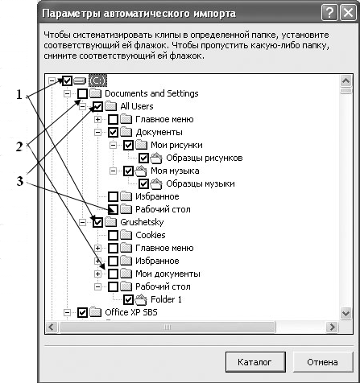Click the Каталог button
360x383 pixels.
point(255,362)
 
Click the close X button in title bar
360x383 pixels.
point(348,13)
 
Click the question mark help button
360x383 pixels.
point(329,13)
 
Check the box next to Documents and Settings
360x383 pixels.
point(82,93)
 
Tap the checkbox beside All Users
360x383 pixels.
point(97,106)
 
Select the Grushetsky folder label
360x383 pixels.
point(142,222)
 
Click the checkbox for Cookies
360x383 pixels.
point(113,235)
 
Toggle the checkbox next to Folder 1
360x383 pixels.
point(129,299)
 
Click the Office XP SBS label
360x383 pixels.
point(131,312)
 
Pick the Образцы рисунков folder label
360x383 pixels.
point(205,158)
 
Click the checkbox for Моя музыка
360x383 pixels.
point(129,171)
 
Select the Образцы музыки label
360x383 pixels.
point(201,183)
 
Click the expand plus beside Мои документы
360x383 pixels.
point(97,274)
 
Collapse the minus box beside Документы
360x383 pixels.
point(97,132)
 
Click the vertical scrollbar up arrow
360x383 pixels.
point(346,80)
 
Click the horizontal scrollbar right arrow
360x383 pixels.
point(333,327)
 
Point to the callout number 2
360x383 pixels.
point(19,146)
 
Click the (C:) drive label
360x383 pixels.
point(97,80)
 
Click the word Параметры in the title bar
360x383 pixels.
point(72,14)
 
